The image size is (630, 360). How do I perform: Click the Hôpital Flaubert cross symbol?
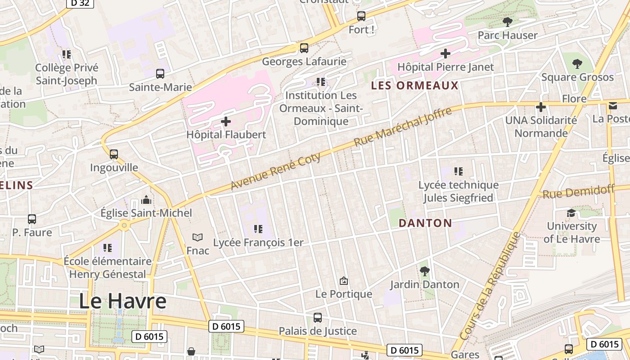pos(226,121)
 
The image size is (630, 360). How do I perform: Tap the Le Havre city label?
pos(123,301)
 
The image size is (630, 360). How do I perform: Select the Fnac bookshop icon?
pos(198,237)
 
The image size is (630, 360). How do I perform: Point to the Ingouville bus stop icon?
pos(114,154)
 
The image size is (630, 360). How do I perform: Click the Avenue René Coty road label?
pos(276,171)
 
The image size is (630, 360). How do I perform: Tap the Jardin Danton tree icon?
pos(424,271)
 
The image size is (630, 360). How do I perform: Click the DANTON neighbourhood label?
pos(425,223)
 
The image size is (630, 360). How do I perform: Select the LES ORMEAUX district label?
pos(414,85)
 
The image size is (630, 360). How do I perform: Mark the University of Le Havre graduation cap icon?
pos(571,213)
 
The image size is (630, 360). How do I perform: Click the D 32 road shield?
pos(80,3)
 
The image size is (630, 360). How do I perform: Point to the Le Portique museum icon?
pos(344,281)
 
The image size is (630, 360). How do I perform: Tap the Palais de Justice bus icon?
pos(318,318)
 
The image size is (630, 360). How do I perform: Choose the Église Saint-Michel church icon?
pos(146,200)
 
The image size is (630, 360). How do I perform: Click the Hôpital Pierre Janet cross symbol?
pos(445,54)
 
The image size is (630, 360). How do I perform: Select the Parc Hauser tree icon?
pos(508,22)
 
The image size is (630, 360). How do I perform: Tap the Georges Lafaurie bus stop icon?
pos(304,48)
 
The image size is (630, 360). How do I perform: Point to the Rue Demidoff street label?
pos(578,192)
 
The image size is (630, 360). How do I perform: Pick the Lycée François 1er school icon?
pos(258,229)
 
